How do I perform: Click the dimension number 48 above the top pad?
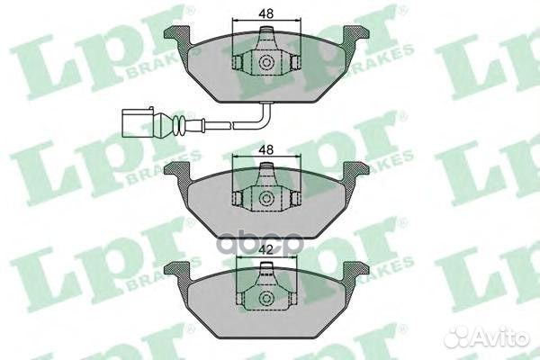(x=265, y=14)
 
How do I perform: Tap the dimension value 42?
(x=265, y=249)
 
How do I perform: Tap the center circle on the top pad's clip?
(x=266, y=63)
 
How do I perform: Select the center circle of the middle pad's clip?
(x=266, y=199)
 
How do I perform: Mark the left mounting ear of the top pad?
(x=178, y=36)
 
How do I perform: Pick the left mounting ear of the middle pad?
(x=178, y=169)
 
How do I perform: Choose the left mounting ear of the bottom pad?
(x=178, y=268)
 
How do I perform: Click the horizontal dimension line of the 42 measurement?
(x=265, y=259)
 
